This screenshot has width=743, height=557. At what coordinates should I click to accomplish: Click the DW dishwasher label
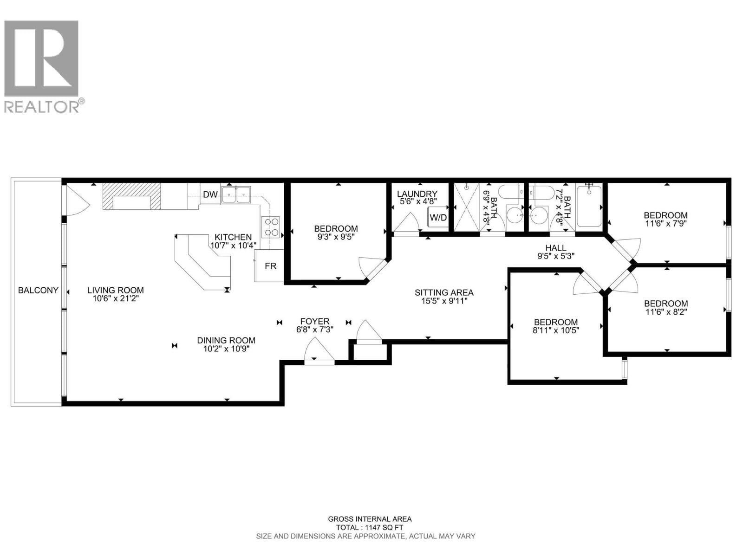click(x=210, y=194)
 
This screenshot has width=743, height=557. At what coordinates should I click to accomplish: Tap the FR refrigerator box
click(x=270, y=266)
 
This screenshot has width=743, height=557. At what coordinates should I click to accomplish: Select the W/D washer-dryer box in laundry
click(x=438, y=217)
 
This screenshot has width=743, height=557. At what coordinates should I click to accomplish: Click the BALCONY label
click(x=38, y=290)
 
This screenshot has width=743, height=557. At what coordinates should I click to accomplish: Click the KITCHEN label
click(x=233, y=237)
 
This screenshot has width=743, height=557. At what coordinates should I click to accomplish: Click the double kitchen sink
click(x=236, y=194)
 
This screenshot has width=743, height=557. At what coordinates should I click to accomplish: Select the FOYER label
click(x=314, y=321)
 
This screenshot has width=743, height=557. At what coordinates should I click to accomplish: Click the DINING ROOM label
click(x=226, y=340)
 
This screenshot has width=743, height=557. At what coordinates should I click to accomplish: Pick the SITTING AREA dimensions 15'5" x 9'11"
click(x=444, y=301)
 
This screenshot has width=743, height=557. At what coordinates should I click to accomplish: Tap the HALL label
click(x=555, y=248)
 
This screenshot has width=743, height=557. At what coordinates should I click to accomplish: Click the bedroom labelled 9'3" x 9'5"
click(x=336, y=232)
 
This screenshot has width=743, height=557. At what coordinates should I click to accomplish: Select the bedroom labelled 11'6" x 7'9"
click(x=665, y=219)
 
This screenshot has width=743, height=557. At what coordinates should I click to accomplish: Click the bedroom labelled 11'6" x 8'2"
click(x=665, y=307)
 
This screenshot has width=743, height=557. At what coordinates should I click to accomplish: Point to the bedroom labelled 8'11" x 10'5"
click(x=555, y=326)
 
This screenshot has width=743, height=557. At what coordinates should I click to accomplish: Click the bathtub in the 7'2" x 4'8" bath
click(x=589, y=206)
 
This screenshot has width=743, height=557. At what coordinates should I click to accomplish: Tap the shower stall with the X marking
click(x=466, y=206)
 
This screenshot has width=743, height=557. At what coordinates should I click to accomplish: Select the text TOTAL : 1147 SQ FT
click(x=370, y=528)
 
